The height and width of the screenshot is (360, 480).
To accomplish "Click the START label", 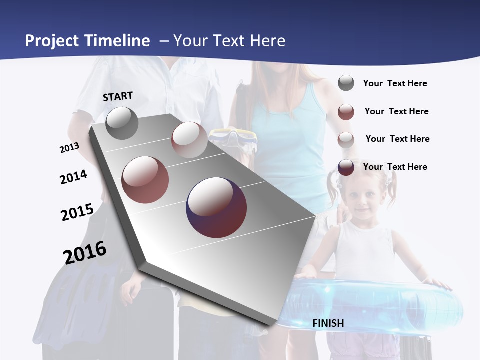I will coord(118,96).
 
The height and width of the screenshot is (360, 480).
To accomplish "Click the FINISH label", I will coord(328,323).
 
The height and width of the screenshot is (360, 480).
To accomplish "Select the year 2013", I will coord(69,148).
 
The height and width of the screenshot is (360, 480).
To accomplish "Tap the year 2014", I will coord(73,177).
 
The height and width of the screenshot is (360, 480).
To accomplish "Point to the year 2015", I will coord(77,212).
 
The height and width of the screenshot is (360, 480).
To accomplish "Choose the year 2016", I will coord(85,252).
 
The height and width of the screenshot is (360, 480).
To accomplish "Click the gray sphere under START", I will coord(122,123).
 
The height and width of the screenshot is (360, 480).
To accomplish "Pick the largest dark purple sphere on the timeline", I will coord(216,207).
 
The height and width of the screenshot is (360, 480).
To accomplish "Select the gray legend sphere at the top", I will coord(346,83).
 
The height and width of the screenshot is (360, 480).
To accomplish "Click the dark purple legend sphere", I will coord(346,167).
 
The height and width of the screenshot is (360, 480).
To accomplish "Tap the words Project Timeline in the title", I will coord(87,41).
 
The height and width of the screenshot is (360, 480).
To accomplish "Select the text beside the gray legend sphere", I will coord(395,83).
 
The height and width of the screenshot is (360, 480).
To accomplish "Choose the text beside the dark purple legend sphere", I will coord(395,167).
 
